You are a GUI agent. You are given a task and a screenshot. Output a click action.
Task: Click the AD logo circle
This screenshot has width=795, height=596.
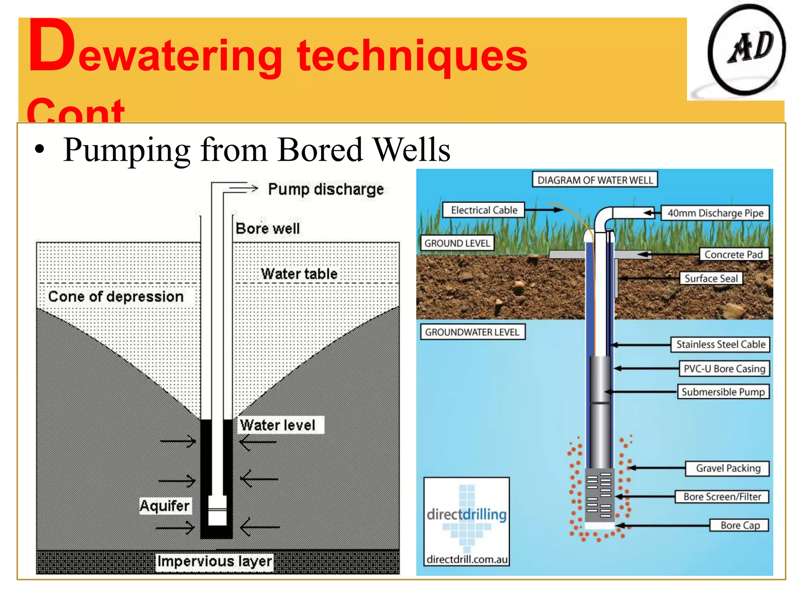746,49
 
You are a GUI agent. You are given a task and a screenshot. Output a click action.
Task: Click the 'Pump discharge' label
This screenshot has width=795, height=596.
326,189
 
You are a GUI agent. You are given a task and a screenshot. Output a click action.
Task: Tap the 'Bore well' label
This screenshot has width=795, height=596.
268,229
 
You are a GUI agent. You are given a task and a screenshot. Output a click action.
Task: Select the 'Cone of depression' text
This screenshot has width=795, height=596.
116,296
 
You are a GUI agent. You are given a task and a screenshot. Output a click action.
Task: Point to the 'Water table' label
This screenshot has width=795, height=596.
299,274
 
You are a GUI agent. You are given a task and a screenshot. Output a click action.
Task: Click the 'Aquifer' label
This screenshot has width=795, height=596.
165,506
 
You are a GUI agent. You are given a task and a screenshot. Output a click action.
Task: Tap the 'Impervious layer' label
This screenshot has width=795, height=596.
214,561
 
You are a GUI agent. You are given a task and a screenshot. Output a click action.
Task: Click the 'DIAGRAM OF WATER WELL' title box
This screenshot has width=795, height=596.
595,180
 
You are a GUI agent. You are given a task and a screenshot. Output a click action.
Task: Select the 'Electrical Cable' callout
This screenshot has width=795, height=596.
484,210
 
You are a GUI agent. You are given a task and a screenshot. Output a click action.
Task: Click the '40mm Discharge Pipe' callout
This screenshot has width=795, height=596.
715,213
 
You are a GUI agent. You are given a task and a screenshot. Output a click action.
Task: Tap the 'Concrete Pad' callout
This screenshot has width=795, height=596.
733,255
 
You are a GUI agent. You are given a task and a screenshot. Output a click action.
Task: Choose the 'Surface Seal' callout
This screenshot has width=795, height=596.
711,278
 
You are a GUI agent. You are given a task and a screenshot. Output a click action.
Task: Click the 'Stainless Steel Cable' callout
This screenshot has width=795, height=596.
720,344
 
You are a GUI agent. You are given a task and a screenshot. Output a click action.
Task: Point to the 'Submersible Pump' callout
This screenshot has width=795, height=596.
723,392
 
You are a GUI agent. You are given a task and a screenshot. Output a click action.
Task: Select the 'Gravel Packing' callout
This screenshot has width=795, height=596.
728,468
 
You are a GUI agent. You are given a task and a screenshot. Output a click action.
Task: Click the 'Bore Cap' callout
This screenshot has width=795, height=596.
740,525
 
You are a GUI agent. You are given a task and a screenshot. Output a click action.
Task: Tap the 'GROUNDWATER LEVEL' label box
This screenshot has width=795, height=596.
472,332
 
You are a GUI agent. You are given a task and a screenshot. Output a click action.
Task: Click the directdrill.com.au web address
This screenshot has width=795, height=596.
467,559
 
